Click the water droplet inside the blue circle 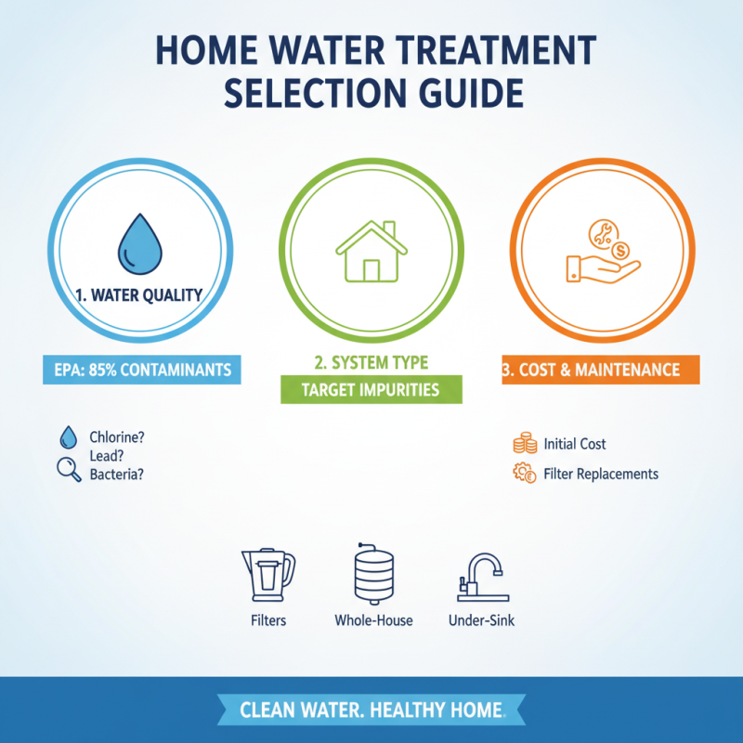tap(139, 243)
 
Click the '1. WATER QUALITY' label tap(139, 297)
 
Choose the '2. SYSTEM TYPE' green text tap(371, 360)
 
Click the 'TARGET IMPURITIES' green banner tap(371, 390)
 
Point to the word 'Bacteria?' tap(116, 474)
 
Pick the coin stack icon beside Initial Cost tap(524, 443)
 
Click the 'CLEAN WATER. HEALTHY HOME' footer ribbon tap(371, 710)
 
